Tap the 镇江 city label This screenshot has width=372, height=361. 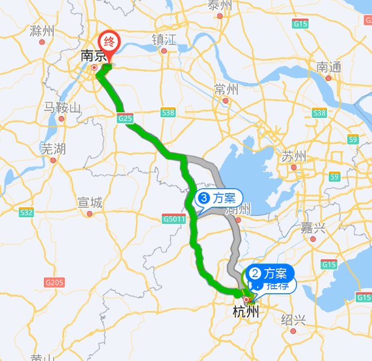tap(164, 40)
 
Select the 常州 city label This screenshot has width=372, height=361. tap(226, 88)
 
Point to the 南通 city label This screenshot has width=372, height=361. tap(328, 67)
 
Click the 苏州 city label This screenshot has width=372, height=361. tap(294, 154)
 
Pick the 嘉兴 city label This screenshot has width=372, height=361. tap(313, 228)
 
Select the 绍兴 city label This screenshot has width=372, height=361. tap(294, 320)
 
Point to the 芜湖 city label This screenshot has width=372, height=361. tap(53, 149)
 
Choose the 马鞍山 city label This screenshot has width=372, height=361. tap(62, 108)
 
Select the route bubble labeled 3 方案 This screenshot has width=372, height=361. tap(218, 199)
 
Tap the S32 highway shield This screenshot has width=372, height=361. tap(26, 212)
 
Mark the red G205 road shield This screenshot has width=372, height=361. tap(54, 282)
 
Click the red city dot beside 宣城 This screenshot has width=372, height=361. tap(90, 214)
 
